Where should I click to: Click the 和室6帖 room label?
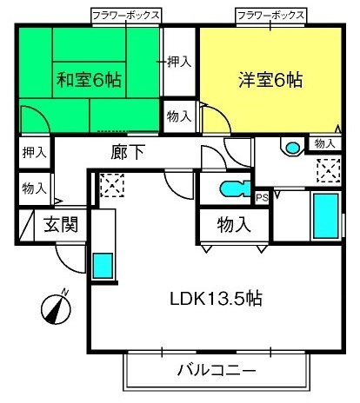click(x=89, y=80)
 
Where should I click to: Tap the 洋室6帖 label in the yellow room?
click(x=270, y=80)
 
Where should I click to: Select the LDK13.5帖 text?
click(x=216, y=299)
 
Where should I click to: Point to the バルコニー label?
click(x=217, y=370)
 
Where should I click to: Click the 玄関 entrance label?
click(x=61, y=225)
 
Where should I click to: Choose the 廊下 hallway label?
click(x=128, y=152)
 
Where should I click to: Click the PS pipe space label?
click(x=262, y=198)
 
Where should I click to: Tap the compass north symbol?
click(x=57, y=308)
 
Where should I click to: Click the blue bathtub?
click(x=326, y=216)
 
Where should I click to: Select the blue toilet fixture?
click(x=235, y=188)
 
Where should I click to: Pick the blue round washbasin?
click(x=292, y=148)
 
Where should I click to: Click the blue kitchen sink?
click(x=103, y=266)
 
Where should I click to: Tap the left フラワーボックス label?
click(x=126, y=16)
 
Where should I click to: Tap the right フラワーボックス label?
click(x=270, y=16)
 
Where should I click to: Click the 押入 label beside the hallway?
click(x=35, y=152)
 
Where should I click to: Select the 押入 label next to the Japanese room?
click(x=179, y=62)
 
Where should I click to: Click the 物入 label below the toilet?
click(x=234, y=225)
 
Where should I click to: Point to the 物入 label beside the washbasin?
click(x=325, y=143)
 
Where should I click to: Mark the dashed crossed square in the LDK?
click(x=112, y=185)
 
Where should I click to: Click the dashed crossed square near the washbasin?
click(x=329, y=170)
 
